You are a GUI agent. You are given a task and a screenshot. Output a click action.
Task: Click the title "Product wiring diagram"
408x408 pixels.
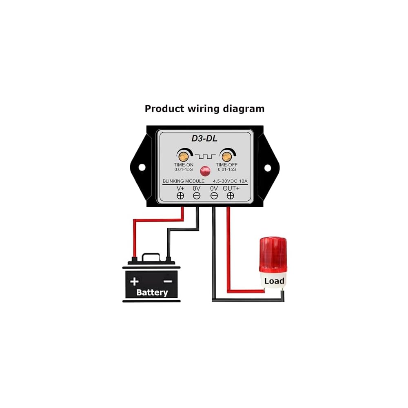click(x=204, y=109)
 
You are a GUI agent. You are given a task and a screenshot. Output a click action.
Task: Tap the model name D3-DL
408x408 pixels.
click(x=204, y=138)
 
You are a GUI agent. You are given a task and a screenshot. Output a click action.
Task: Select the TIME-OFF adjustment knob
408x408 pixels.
click(x=226, y=156)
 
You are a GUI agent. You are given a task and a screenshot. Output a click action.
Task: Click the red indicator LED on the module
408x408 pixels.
click(x=205, y=171)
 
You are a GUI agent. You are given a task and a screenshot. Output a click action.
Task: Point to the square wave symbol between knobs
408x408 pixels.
click(x=205, y=156)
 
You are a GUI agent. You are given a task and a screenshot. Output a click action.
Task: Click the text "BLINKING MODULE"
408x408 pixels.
click(x=184, y=181)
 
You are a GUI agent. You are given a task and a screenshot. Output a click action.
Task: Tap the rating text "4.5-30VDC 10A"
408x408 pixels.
click(x=230, y=181)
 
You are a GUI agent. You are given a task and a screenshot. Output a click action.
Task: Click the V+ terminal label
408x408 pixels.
click(x=180, y=188)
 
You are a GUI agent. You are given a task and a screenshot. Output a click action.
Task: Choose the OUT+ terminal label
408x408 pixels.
click(x=231, y=188)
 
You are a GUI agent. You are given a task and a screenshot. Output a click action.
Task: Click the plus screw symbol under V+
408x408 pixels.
click(x=180, y=196)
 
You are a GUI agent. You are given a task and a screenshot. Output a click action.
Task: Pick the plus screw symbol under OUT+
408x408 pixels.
click(x=230, y=196)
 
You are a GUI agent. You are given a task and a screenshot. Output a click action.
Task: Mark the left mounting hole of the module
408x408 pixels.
click(x=142, y=167)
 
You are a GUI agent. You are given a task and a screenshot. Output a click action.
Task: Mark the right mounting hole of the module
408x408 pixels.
click(x=268, y=168)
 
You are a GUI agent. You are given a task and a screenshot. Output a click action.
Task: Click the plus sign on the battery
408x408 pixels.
click(x=134, y=282)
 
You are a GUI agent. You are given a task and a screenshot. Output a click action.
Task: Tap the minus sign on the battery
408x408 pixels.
click(x=168, y=281)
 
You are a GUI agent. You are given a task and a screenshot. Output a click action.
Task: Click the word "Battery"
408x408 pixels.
click(x=152, y=293)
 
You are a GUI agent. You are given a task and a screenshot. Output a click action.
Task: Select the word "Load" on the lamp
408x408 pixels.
click(x=274, y=281)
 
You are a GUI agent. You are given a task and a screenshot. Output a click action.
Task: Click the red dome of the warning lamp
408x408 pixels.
click(x=273, y=254)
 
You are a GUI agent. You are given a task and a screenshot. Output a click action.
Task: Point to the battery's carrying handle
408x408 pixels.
click(x=151, y=257)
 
